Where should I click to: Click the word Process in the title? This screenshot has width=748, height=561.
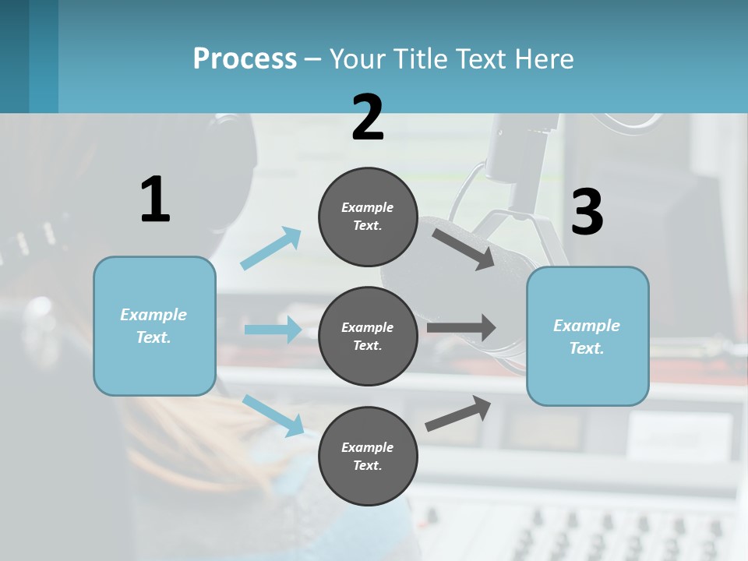click(245, 58)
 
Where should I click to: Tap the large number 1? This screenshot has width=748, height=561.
click(155, 199)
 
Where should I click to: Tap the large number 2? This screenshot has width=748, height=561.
click(368, 118)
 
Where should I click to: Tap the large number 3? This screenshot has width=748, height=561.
click(587, 213)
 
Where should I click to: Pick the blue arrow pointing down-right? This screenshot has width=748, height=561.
click(273, 415)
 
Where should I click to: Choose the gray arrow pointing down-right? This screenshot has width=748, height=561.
click(464, 249)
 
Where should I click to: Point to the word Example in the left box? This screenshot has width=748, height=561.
click(153, 315)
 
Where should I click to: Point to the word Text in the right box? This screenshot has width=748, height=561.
click(586, 348)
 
